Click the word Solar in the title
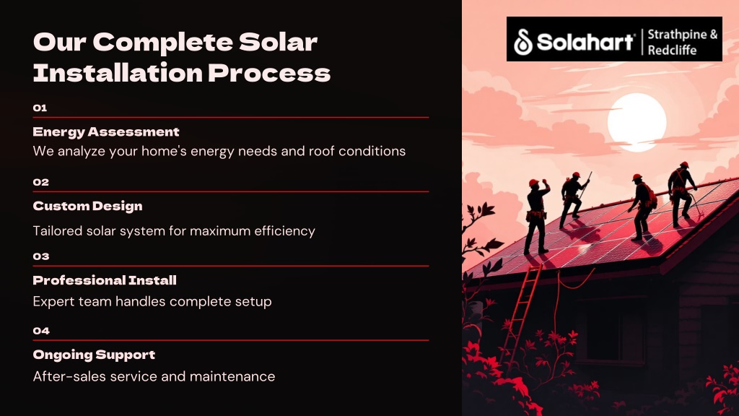click(278, 42)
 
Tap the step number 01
click(40, 108)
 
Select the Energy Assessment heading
click(106, 132)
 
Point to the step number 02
click(41, 182)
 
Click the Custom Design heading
click(87, 206)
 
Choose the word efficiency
click(284, 231)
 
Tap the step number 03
click(41, 256)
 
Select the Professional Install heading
click(105, 281)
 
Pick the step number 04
click(41, 331)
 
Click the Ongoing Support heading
click(95, 355)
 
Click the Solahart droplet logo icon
click(522, 41)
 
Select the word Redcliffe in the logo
click(672, 50)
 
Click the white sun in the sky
click(637, 122)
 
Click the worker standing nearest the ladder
click(537, 217)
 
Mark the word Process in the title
click(269, 73)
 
